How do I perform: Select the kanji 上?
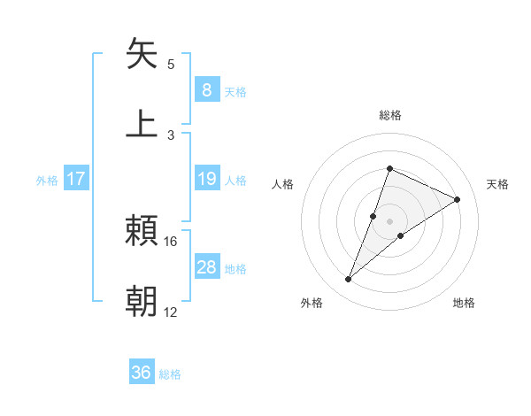pos(142,123)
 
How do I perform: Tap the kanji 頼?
pos(142,232)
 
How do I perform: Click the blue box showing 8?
pos(206,90)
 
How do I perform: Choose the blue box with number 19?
pos(206,179)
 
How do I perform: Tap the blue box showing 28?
pos(206,267)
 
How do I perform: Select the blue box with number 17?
pos(76,179)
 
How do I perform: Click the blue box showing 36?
pos(142,373)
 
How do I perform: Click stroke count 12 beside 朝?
pos(171,312)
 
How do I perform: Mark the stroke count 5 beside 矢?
pos(171,64)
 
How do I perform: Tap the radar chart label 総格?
pos(389,115)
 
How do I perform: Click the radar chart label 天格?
pos(497,184)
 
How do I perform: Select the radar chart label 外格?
pos(312,303)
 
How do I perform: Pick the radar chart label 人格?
pos(283,184)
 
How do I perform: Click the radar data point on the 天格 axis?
pos(458,199)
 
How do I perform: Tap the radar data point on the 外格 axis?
pos(349,280)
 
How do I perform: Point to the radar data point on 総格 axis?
pos(389,168)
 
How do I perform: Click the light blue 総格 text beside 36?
pos(170,374)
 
